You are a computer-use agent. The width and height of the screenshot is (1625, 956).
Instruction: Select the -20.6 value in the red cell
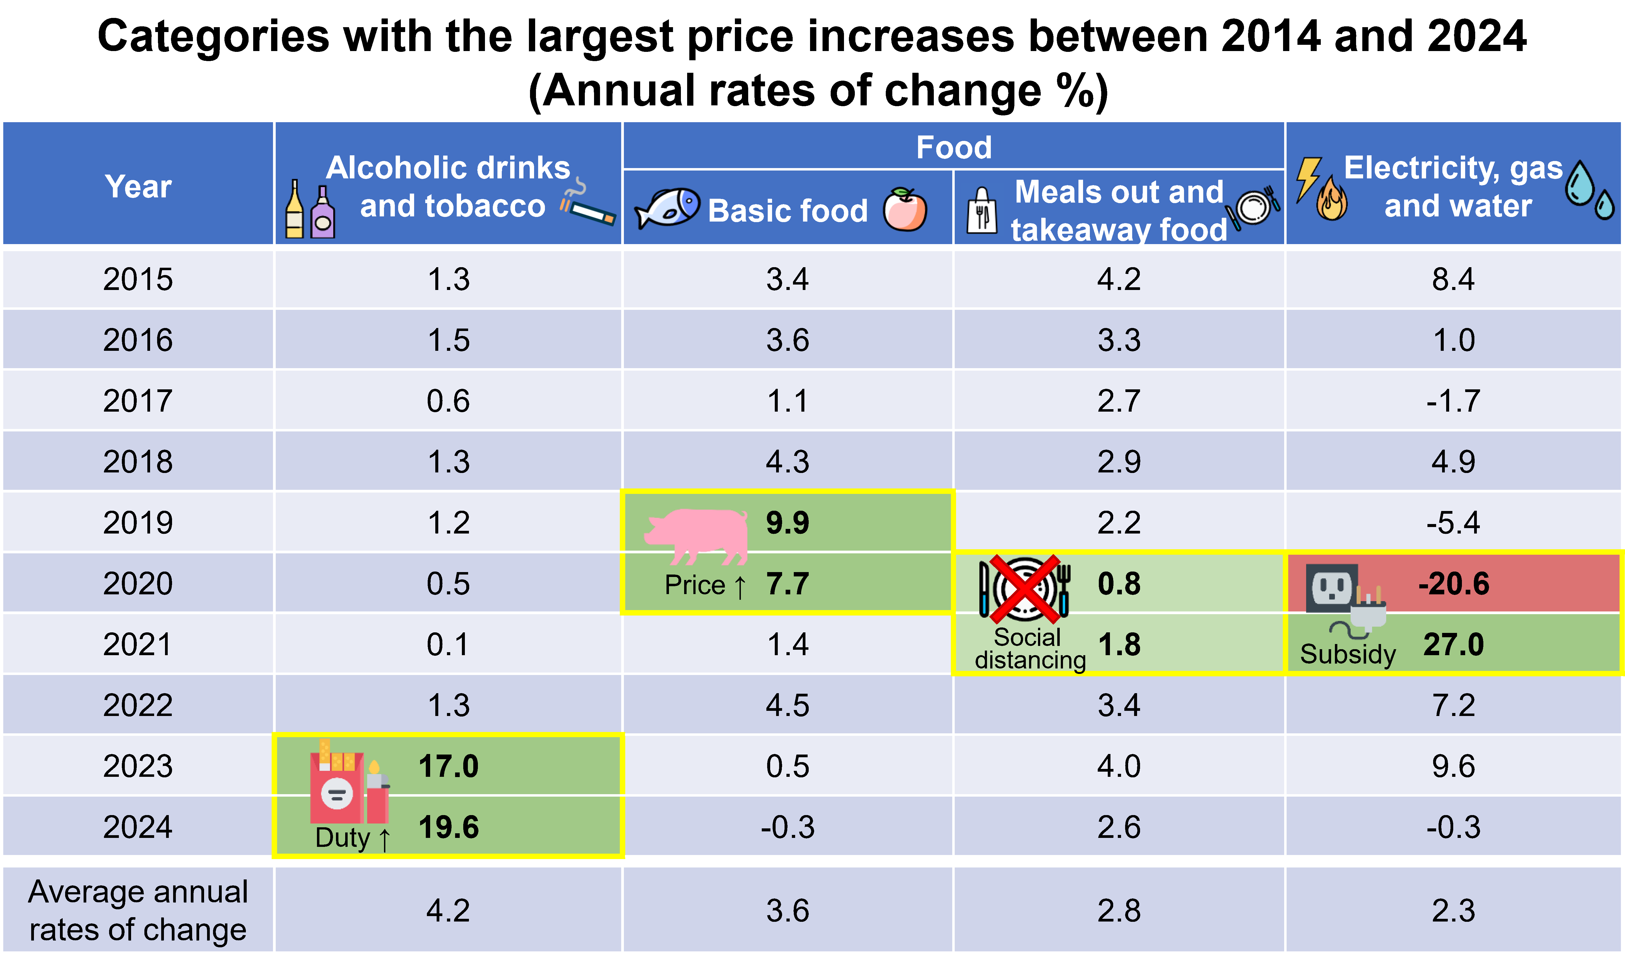coord(1453,584)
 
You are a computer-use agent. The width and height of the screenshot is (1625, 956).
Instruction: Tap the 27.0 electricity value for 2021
coord(1453,644)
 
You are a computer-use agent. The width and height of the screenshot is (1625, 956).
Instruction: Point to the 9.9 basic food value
coord(787,522)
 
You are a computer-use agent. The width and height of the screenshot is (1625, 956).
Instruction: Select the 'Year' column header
coord(138,187)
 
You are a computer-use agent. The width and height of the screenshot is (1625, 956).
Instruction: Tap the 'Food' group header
coord(954,147)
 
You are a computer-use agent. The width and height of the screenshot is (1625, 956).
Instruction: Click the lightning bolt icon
coord(1308,177)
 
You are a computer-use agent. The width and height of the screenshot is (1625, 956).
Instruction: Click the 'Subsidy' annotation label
coord(1348,654)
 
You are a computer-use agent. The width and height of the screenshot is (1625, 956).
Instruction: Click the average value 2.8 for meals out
coord(1119,910)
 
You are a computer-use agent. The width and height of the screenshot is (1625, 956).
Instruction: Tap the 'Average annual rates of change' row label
coord(138,910)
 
